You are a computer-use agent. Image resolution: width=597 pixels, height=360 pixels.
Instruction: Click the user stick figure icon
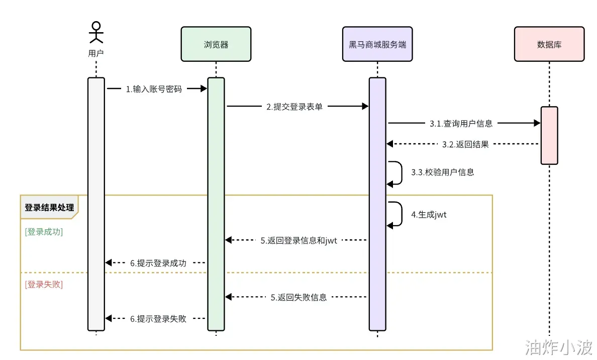coord(96,32)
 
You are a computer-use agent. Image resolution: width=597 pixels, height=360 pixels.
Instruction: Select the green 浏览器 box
coord(216,44)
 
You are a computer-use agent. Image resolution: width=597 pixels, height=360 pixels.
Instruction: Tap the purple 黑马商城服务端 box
coord(377,44)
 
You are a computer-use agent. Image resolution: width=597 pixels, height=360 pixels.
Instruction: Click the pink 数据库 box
coord(549,44)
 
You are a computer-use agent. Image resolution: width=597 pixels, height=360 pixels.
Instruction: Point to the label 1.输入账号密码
coord(154,89)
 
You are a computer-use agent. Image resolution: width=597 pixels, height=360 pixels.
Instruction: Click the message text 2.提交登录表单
coord(294,107)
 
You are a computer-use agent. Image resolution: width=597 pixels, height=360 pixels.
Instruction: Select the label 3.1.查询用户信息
coord(461,123)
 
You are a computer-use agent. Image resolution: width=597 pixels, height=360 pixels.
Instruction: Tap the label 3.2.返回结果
coord(465,144)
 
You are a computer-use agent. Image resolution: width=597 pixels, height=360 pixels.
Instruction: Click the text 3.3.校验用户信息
coord(442,172)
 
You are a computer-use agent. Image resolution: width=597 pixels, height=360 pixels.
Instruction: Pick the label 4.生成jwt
coord(429,215)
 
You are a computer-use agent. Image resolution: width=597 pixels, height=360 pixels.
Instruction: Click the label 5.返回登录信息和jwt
coord(298,241)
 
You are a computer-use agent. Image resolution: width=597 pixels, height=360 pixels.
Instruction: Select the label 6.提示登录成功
coord(158,263)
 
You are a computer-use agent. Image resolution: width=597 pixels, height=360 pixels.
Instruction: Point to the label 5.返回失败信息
coord(298,297)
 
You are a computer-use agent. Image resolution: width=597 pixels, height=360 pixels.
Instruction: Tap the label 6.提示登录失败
coord(158,319)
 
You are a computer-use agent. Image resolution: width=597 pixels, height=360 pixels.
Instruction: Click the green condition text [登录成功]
coord(44,232)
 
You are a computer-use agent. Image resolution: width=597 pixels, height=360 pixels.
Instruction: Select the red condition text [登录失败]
coord(44,284)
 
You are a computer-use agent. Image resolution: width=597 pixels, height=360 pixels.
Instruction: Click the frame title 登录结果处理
coord(49,208)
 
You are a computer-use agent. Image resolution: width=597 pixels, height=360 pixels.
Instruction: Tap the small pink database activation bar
coord(549,135)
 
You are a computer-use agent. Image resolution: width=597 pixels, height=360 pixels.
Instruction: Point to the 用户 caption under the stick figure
coord(96,53)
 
